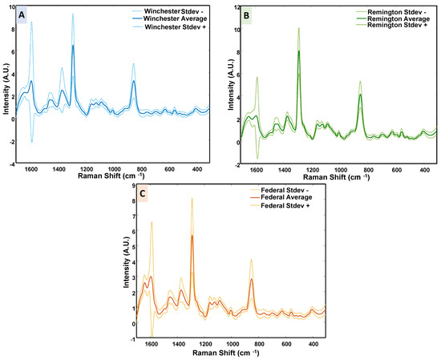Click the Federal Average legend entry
(x=285, y=198)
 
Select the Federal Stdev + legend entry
(x=285, y=207)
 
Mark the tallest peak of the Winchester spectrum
(x=72, y=14)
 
